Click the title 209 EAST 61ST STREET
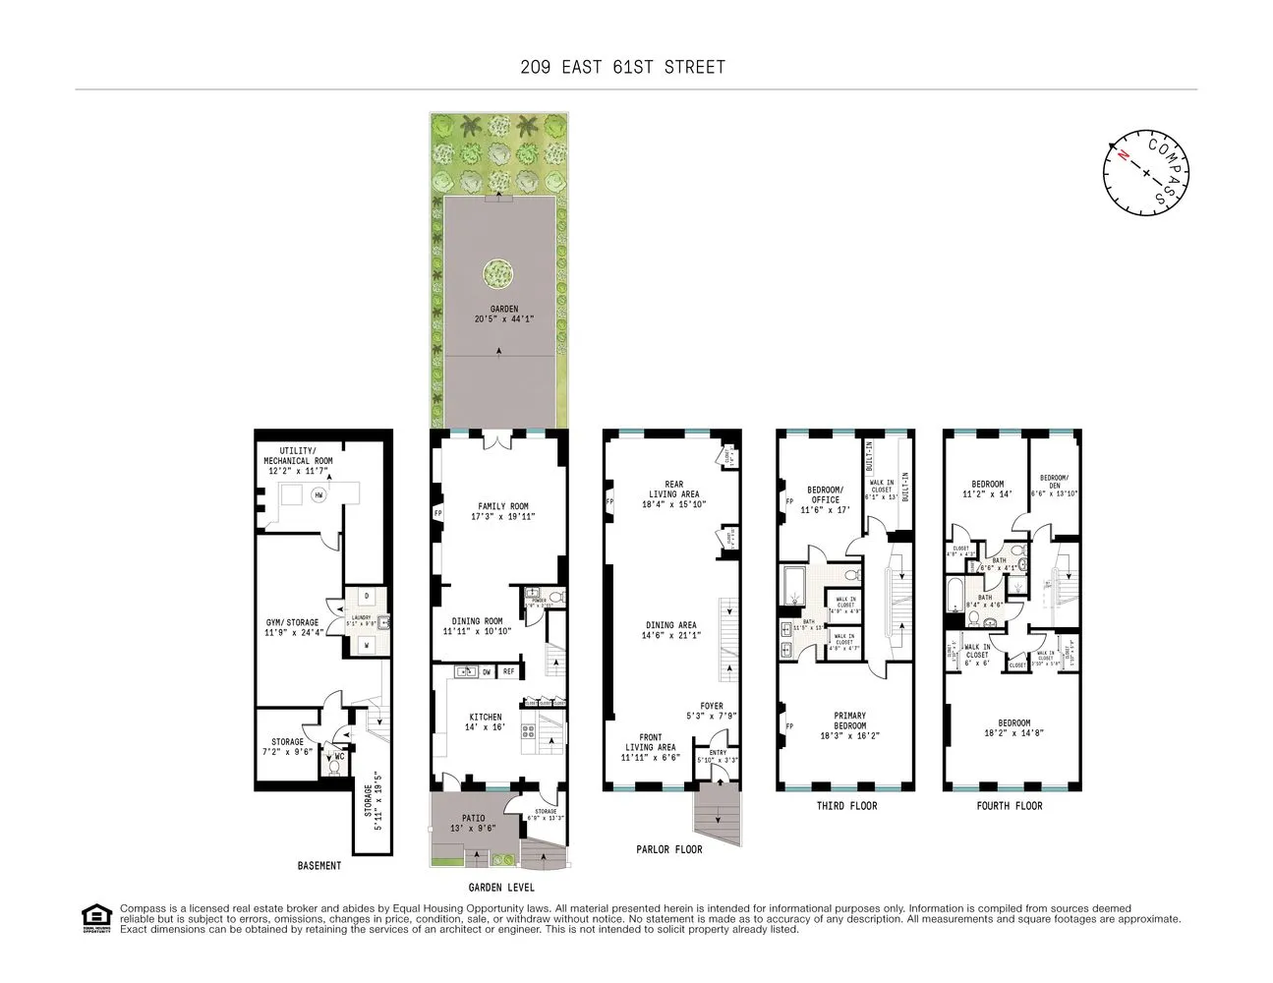point(623,68)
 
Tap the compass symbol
point(1146,172)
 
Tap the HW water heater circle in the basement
point(318,495)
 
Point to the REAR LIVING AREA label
point(673,489)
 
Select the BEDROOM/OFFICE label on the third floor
point(824,494)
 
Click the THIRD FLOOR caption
point(846,806)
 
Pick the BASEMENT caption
point(319,866)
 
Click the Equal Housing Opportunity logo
point(95,918)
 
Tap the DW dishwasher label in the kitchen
point(487,672)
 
